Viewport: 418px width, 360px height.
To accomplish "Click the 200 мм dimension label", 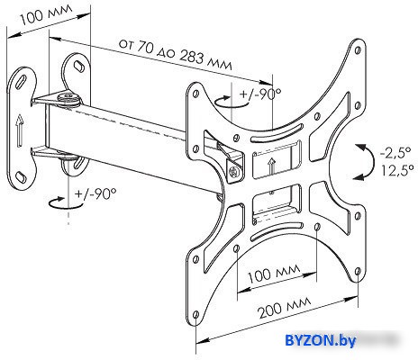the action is tap(285, 308).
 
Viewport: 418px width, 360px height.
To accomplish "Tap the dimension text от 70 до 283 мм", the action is tap(176, 54).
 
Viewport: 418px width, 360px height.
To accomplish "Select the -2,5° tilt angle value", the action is tap(395, 152).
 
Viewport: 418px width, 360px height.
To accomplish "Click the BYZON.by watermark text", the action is tap(320, 340).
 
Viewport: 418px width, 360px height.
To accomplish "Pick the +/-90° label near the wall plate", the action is tap(95, 194).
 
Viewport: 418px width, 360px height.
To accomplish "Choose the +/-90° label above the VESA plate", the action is tap(260, 94).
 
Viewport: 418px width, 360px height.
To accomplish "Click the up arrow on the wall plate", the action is tap(20, 130).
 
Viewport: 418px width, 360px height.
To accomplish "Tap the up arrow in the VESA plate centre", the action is tap(272, 166).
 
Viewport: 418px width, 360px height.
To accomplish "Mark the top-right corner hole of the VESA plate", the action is tap(358, 49).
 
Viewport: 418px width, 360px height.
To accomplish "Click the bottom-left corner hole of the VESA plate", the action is tap(195, 315).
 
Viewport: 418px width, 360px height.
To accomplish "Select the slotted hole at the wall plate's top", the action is tap(22, 81).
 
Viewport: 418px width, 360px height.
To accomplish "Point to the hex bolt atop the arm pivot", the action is tap(68, 97).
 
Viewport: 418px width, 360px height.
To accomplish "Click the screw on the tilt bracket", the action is tap(233, 172).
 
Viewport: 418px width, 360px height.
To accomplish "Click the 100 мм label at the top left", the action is tap(46, 14).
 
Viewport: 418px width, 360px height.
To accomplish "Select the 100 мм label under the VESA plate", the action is tap(274, 273).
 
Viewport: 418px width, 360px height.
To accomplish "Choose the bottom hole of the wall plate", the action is tap(21, 176).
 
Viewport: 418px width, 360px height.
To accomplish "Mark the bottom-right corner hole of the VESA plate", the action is tap(358, 272).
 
